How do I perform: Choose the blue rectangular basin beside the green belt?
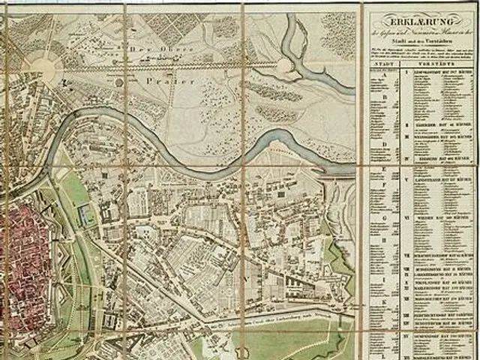[x=88, y=215]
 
